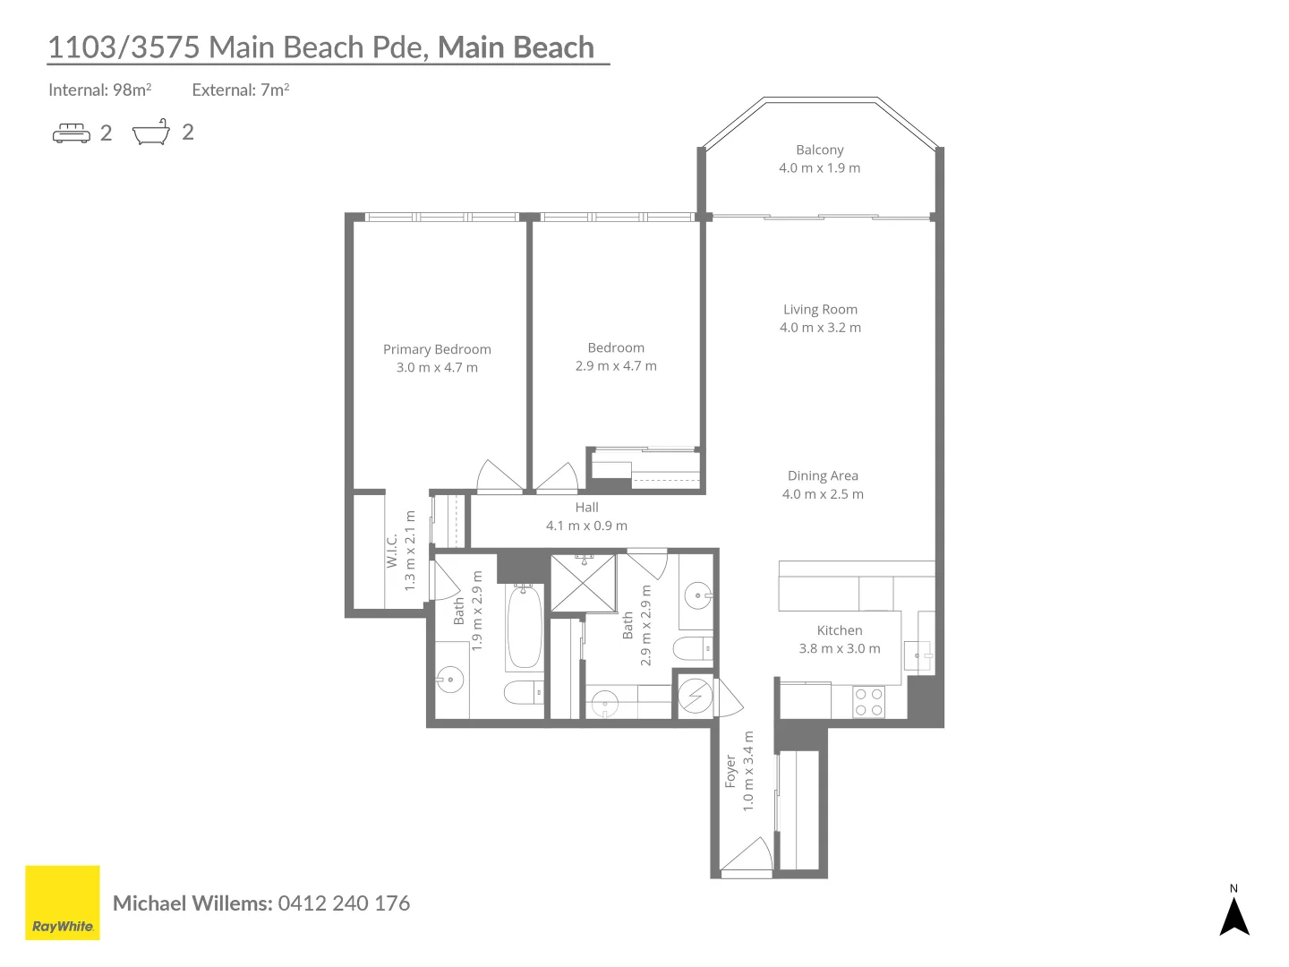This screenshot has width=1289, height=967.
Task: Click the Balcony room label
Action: pos(819,150)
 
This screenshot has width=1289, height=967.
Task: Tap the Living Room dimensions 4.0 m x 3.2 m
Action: pos(820,328)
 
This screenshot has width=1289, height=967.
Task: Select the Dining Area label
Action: pos(822,475)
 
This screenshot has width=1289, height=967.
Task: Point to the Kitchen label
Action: pos(839,630)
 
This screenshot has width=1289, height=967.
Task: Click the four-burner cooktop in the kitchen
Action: pos(868,702)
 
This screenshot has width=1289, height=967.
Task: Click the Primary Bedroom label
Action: pos(437,349)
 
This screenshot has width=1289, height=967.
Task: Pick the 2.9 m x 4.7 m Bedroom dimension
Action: pos(616,366)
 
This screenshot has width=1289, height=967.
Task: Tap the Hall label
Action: pos(586,508)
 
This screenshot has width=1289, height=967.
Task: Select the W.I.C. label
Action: pos(392,550)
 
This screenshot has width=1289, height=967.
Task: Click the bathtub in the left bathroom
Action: pos(524,627)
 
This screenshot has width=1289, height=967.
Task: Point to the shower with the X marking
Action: pos(583,584)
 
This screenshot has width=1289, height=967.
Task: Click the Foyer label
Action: pos(730,771)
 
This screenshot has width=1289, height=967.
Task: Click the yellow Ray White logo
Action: pos(63,903)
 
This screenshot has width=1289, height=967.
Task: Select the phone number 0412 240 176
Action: pos(344,903)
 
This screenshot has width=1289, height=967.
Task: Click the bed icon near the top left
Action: pos(71,133)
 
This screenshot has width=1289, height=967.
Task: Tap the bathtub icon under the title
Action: pos(151,132)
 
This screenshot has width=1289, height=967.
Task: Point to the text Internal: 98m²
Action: pos(100,90)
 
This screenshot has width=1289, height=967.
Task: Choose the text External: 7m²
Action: pos(240,90)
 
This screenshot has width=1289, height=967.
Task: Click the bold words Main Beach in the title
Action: pos(516,47)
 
